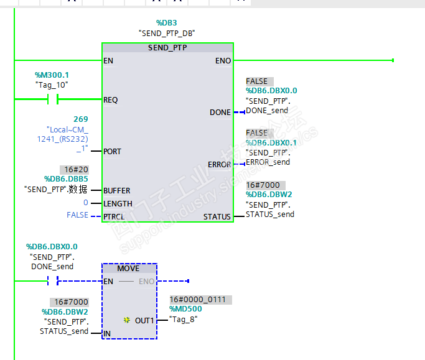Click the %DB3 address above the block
point(167,23)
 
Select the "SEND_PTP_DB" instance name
point(167,33)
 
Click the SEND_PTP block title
point(167,48)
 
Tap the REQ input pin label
point(111,100)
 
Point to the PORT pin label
point(113,152)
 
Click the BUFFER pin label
point(117,191)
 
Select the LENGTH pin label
point(118,204)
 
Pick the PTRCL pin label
point(115,216)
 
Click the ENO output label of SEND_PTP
point(223,61)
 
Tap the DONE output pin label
point(220,113)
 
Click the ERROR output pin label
point(219,165)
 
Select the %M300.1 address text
point(52,75)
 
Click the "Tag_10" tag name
point(52,85)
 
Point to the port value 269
point(80,119)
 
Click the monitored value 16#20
point(74,170)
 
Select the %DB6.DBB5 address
point(65,179)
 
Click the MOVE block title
point(128,269)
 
